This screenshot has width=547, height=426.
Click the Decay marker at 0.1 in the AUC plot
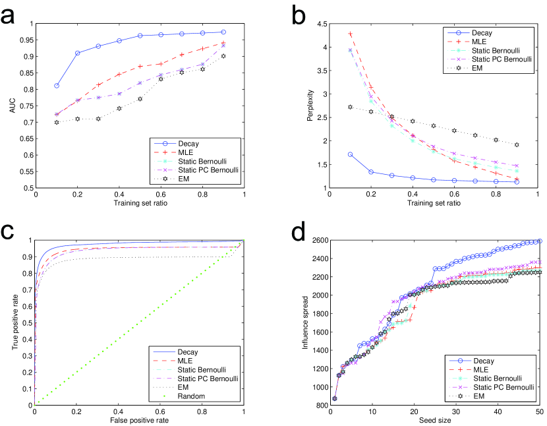pos(57,86)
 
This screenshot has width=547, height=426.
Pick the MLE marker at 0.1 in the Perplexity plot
pos(350,34)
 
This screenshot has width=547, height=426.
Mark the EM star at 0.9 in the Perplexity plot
pos(517,145)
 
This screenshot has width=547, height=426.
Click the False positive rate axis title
pos(139,419)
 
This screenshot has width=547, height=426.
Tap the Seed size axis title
pos(435,420)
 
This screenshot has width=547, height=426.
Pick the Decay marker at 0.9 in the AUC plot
pos(223,32)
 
